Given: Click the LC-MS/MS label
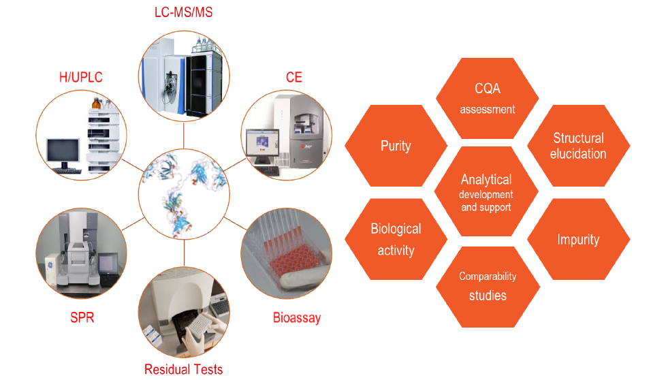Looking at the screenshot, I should [x=183, y=13].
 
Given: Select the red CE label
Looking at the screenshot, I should [x=293, y=77].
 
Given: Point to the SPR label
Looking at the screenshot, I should [x=82, y=317].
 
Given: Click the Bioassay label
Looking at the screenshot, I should [x=296, y=317].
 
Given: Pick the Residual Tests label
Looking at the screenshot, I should [x=183, y=369].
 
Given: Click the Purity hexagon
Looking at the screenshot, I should [x=396, y=146].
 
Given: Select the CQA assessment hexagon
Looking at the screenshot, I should [x=487, y=98].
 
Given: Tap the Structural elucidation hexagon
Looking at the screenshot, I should [x=578, y=146].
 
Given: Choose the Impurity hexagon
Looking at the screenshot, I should [x=578, y=240].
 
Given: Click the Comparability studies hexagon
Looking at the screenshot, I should [x=487, y=285].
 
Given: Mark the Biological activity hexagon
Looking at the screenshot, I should [x=396, y=239].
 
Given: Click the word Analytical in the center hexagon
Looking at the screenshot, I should [x=486, y=180].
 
